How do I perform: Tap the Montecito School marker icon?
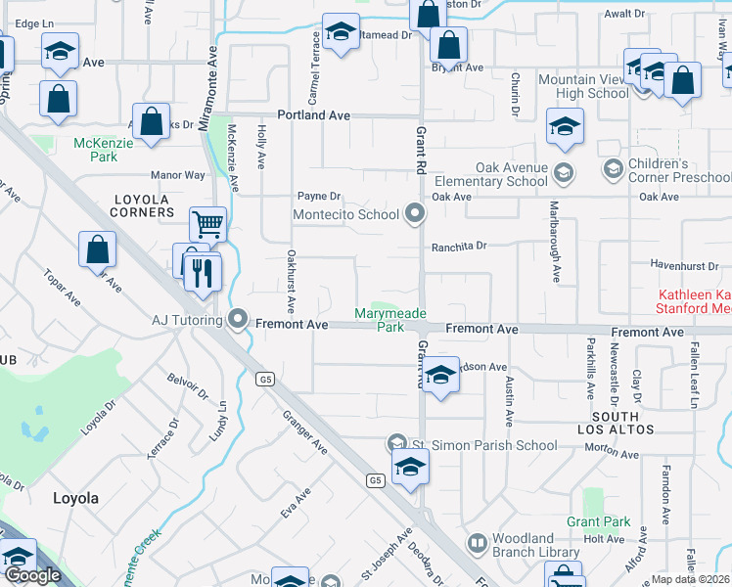pyautogui.click(x=415, y=213)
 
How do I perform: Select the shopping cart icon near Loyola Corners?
pyautogui.click(x=207, y=224)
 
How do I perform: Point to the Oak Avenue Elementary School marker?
pyautogui.click(x=563, y=174)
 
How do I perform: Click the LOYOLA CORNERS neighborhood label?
pyautogui.click(x=143, y=205)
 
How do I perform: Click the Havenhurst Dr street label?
pyautogui.click(x=685, y=265)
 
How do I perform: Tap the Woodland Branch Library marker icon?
pyautogui.click(x=477, y=541)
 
